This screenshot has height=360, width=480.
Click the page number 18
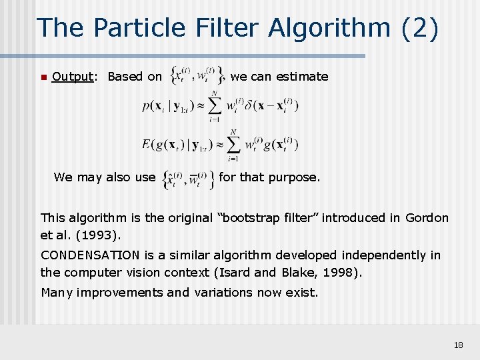(x=458, y=345)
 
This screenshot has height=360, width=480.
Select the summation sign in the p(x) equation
(x=215, y=106)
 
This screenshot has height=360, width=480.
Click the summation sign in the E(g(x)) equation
(x=233, y=144)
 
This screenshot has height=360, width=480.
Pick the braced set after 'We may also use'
(x=187, y=178)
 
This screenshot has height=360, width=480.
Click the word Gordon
(x=427, y=218)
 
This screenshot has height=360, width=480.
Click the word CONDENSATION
(x=90, y=255)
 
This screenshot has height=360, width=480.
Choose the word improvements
(x=121, y=292)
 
